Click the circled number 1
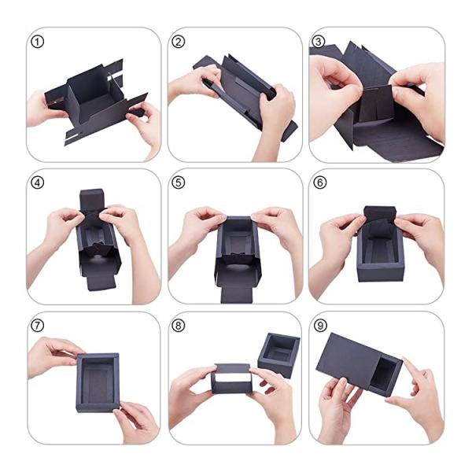37,42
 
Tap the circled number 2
179,42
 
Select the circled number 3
319,42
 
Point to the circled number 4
37,183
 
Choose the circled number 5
179,183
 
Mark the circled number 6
319,183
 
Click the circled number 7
37,326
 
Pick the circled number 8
179,326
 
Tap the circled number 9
319,326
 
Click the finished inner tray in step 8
278,354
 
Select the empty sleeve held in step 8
232,378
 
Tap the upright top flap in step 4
92,200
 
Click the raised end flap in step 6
380,214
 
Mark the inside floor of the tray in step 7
97,383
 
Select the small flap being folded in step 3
376,103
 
